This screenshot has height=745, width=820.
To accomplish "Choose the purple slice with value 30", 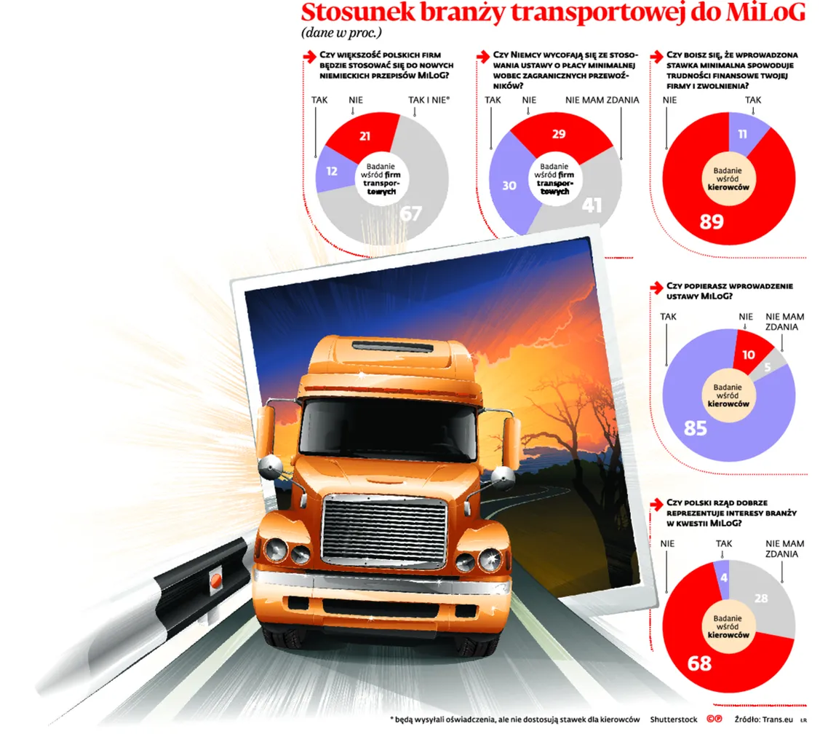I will pyautogui.click(x=509, y=186).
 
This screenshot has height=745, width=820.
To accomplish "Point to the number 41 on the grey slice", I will pyautogui.click(x=592, y=205).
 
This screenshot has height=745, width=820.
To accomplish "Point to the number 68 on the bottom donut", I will pyautogui.click(x=699, y=663).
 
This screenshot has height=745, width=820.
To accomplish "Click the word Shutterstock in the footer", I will pyautogui.click(x=674, y=720).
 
